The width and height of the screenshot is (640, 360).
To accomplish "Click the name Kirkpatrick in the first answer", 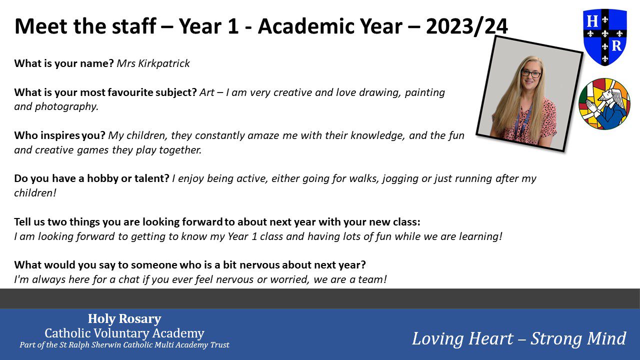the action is [164, 63].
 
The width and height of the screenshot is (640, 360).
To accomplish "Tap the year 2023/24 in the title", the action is [467, 26].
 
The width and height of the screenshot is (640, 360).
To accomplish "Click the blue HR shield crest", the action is [605, 37].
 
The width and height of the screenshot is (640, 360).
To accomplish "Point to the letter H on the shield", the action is [592, 21].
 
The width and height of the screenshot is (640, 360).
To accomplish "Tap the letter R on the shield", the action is [617, 45].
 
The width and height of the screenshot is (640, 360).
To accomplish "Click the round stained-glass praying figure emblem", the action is [604, 103].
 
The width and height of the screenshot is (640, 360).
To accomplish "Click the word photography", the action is [66, 107].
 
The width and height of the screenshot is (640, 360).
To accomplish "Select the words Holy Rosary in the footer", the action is [124, 319].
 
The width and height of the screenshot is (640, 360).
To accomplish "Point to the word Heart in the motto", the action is [490, 339].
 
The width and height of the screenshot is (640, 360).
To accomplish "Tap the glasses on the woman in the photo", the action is [531, 73].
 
